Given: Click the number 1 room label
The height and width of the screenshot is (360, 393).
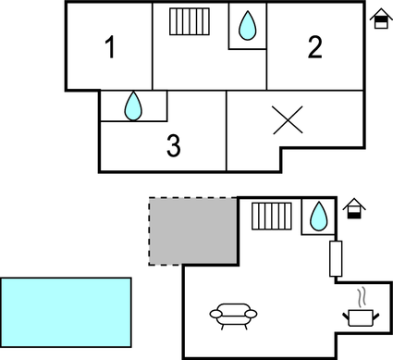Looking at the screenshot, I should [110, 48].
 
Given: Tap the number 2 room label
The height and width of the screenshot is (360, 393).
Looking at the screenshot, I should [315, 48].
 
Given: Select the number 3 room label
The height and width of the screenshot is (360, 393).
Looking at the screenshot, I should [173, 145].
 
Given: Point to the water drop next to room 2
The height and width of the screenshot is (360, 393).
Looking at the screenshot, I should [247, 26].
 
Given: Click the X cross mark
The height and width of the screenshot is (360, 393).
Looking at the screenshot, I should [289, 121].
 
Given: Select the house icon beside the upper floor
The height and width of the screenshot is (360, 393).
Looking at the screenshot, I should [379, 21].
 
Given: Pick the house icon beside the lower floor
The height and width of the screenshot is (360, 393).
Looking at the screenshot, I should [351, 210].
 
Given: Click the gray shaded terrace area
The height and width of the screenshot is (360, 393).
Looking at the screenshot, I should [192, 230].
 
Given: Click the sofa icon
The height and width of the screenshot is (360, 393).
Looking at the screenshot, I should [233, 316].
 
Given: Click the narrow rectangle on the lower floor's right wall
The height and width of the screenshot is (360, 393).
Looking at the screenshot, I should [336, 259].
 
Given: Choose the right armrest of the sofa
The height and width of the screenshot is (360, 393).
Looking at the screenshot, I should [252, 315].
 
